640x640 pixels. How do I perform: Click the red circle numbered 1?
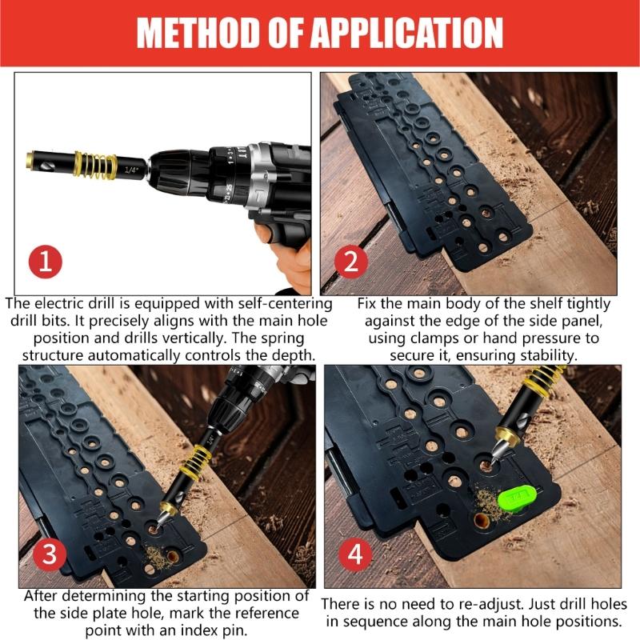coord(46,262)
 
